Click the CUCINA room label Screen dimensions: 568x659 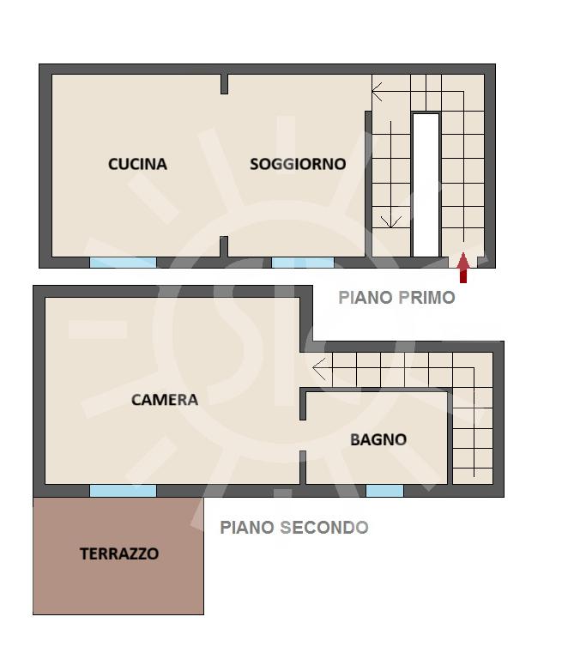pyautogui.click(x=137, y=164)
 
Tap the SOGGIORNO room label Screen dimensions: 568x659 pyautogui.click(x=298, y=164)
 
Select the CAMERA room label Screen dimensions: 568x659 pyautogui.click(x=165, y=400)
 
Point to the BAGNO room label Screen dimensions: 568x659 pyautogui.click(x=378, y=440)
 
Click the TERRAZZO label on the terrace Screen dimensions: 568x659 pyautogui.click(x=119, y=554)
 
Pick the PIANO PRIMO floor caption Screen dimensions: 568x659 pyautogui.click(x=396, y=298)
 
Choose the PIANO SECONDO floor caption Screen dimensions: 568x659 pyautogui.click(x=294, y=528)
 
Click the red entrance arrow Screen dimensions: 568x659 pyautogui.click(x=463, y=268)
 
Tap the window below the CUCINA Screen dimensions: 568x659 pyautogui.click(x=123, y=263)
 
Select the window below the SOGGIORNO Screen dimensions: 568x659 pyautogui.click(x=303, y=263)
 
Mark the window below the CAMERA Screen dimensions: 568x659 pyautogui.click(x=123, y=491)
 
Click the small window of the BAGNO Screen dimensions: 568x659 pyautogui.click(x=384, y=491)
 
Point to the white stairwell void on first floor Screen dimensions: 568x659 pyautogui.click(x=426, y=185)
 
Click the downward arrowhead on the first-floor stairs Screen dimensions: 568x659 pyautogui.click(x=390, y=222)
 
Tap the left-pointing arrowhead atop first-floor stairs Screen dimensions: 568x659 pyautogui.click(x=377, y=92)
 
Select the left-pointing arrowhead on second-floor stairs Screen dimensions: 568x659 pyautogui.click(x=319, y=369)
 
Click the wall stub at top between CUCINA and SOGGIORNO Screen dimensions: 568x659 pyautogui.click(x=224, y=84)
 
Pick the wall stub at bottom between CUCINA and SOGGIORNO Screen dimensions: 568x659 pyautogui.click(x=224, y=247)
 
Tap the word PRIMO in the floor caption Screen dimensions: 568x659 pyautogui.click(x=426, y=298)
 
